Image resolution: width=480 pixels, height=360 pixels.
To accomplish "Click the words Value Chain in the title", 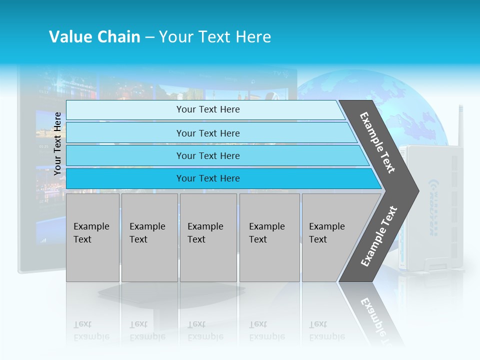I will [94, 37].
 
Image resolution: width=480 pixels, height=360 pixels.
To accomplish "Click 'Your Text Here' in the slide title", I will [215, 37].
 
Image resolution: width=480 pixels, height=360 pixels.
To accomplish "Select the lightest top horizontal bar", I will [207, 109].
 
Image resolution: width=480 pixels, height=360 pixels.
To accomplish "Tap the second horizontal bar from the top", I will [208, 133].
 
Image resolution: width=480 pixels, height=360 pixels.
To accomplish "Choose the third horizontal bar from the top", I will [208, 155].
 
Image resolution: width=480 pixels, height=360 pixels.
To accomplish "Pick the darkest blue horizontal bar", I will [208, 178].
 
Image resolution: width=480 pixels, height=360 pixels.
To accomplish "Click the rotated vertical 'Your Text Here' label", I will [57, 143].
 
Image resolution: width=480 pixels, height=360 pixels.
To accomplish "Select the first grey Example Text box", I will [92, 237].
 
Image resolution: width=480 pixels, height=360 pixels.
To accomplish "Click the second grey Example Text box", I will [149, 237].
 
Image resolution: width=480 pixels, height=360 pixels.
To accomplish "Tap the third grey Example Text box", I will [208, 237].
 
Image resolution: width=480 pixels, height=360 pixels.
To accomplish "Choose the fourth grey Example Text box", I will [269, 237].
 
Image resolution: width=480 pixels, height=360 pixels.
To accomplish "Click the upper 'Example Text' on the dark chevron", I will [377, 142].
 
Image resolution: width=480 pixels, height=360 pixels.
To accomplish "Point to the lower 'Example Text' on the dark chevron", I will [379, 236].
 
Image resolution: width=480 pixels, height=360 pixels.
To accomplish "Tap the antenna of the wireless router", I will [460, 125].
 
